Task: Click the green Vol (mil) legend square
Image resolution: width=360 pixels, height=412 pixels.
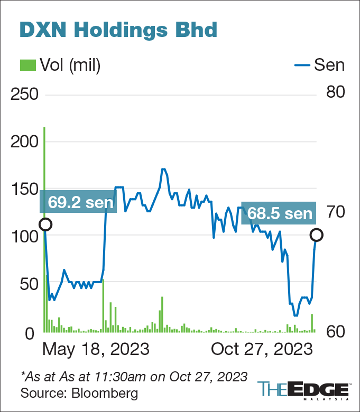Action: (x=27, y=65)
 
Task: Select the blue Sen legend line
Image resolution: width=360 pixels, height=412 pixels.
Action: (x=301, y=65)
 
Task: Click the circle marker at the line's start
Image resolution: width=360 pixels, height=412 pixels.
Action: (x=45, y=224)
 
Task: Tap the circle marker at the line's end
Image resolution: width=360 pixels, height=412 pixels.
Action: (x=317, y=235)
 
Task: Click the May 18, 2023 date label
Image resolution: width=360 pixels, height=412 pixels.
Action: (x=96, y=350)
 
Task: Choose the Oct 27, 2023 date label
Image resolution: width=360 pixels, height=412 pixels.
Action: (x=260, y=350)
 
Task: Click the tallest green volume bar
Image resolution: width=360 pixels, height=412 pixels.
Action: (x=44, y=227)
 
